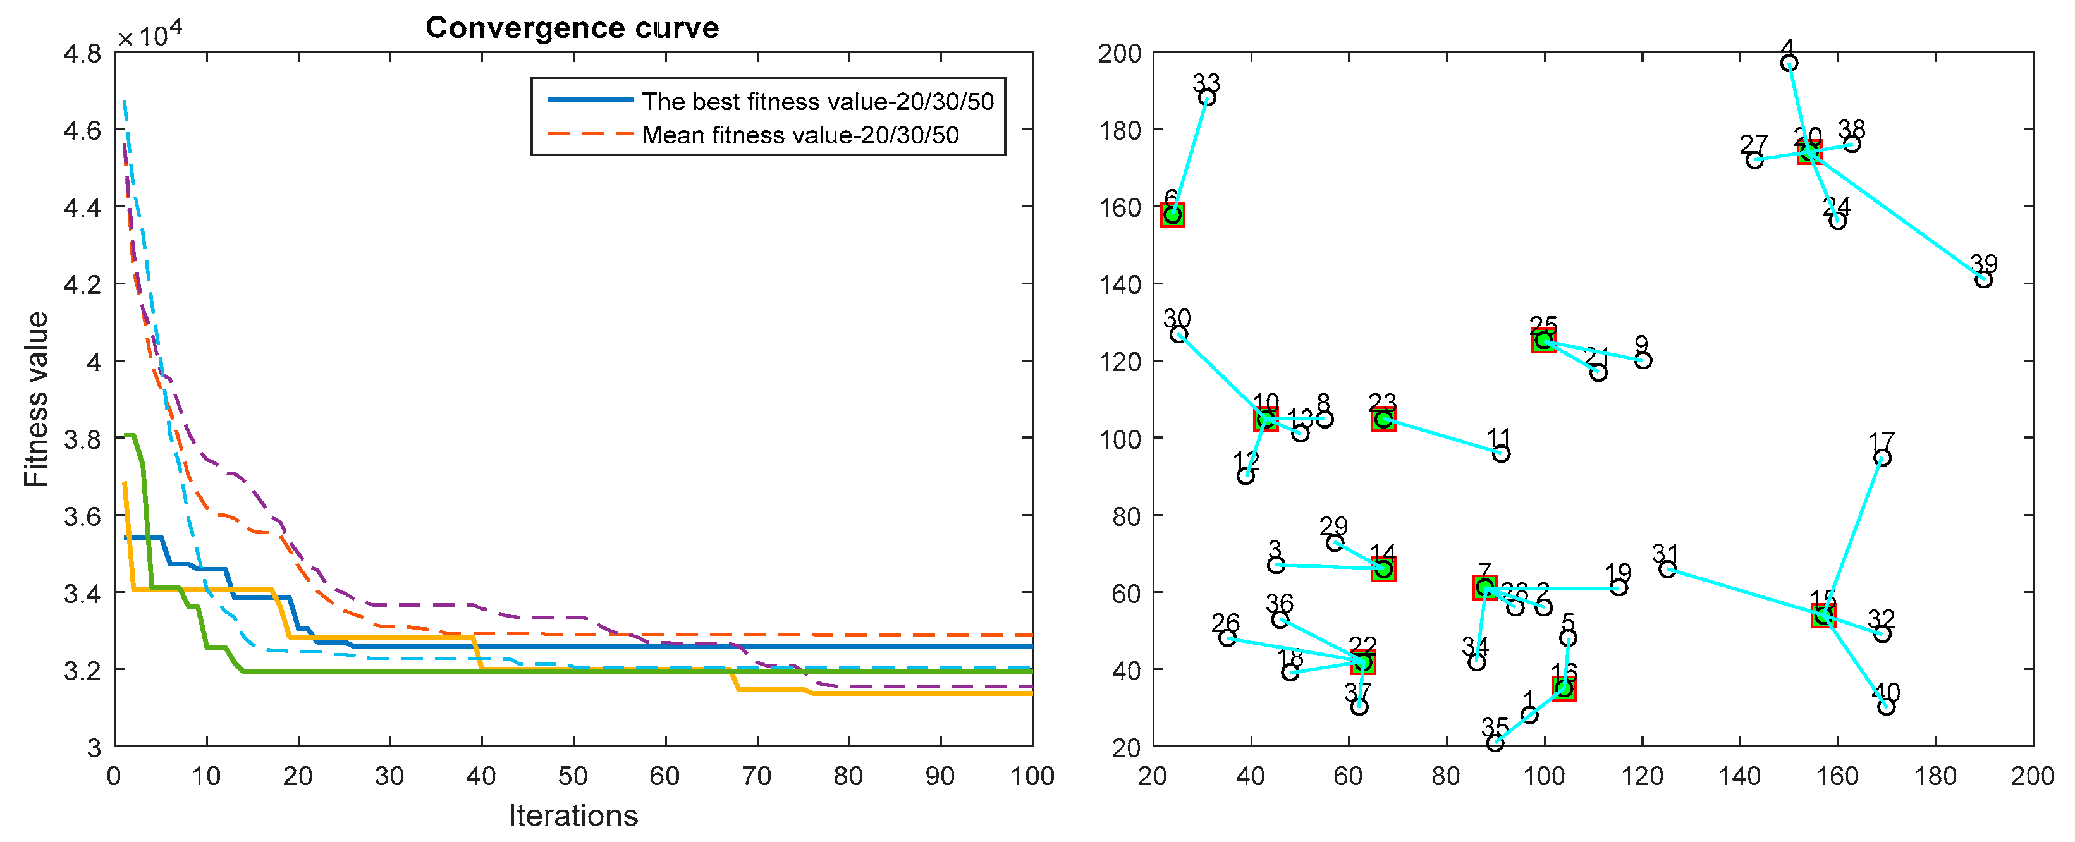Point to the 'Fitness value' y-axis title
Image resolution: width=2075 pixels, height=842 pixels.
point(35,399)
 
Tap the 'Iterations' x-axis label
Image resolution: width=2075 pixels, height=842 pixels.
point(573,815)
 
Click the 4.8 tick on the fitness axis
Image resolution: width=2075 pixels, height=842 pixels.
point(83,53)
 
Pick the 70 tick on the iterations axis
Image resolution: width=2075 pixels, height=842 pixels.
point(756,775)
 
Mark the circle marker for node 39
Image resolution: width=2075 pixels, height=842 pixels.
point(1983,279)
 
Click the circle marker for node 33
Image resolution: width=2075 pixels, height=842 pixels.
point(1207,97)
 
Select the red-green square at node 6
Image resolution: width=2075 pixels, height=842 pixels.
point(1172,214)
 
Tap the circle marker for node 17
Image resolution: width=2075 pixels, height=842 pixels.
point(1882,458)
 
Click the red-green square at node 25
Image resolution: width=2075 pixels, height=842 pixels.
point(1543,341)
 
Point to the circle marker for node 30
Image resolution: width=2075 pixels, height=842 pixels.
point(1178,334)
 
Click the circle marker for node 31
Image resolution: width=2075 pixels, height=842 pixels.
point(1667,569)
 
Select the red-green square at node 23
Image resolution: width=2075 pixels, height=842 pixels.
point(1383,419)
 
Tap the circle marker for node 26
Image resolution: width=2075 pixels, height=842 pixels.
point(1227,638)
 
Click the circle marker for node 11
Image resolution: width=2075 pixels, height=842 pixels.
point(1501,454)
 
